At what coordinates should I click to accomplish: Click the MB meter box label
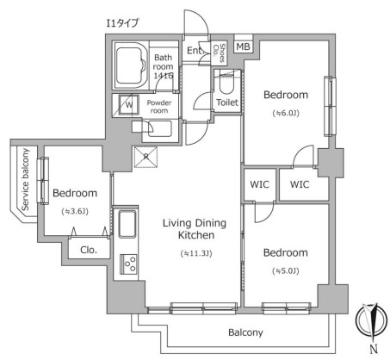click(243, 47)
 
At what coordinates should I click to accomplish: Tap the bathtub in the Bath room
click(132, 65)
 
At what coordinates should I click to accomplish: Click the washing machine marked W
click(129, 105)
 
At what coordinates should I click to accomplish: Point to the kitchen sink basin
click(127, 224)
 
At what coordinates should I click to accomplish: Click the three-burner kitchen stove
click(128, 264)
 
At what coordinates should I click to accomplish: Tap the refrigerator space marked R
click(146, 157)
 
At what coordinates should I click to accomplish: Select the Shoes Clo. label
click(219, 53)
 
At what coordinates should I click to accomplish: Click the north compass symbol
click(370, 320)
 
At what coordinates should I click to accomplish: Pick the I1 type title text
click(122, 23)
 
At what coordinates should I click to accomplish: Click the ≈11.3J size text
click(196, 253)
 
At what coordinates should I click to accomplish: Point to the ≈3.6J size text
click(75, 212)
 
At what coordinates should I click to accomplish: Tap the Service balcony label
click(25, 179)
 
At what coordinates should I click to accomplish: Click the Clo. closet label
click(89, 250)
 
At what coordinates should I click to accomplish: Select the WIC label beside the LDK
click(259, 184)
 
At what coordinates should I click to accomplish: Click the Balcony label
click(245, 332)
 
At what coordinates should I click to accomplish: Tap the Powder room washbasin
click(160, 129)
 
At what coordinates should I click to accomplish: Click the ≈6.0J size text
click(286, 114)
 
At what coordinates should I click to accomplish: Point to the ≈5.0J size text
click(286, 271)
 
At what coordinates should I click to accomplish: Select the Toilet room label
click(227, 102)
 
